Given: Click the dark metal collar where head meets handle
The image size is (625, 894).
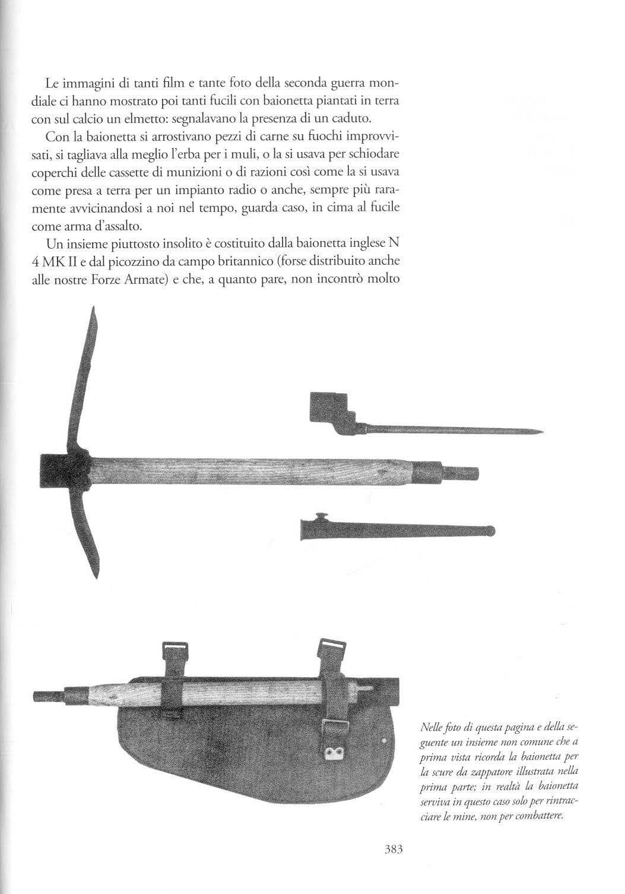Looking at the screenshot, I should (x=64, y=472).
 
